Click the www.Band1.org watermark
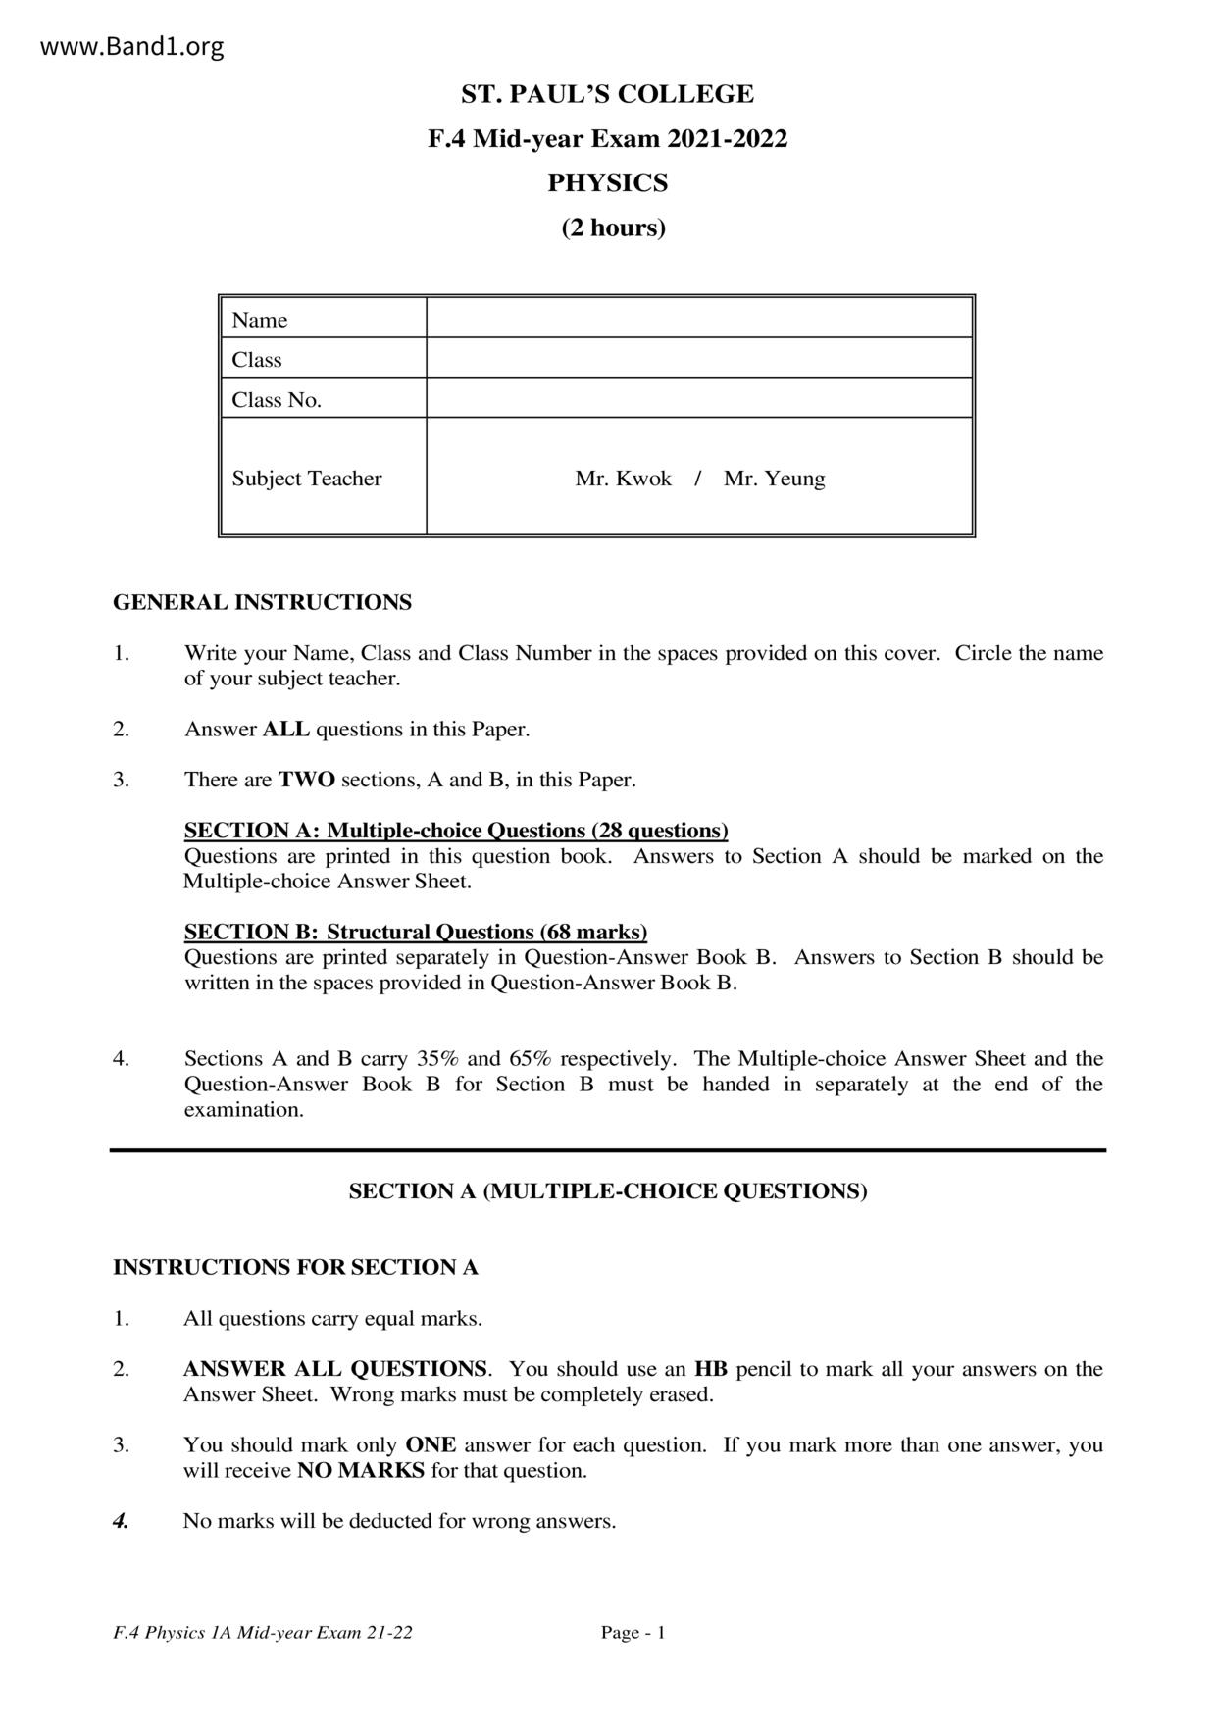click(x=132, y=46)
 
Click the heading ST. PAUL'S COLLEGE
click(x=607, y=94)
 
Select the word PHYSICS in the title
click(x=607, y=183)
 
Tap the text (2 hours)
click(x=613, y=228)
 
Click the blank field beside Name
click(x=698, y=319)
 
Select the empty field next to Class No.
click(x=698, y=398)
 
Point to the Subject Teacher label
click(x=306, y=479)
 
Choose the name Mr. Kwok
click(x=623, y=479)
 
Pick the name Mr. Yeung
click(x=774, y=479)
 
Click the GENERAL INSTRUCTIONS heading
click(x=262, y=602)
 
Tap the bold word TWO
click(x=306, y=780)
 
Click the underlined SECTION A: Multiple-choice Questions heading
click(x=456, y=831)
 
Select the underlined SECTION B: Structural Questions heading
click(x=416, y=932)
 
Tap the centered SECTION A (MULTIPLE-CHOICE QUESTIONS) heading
click(x=608, y=1191)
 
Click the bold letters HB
click(x=711, y=1369)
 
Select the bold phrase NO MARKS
click(x=361, y=1470)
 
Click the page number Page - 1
click(x=633, y=1633)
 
